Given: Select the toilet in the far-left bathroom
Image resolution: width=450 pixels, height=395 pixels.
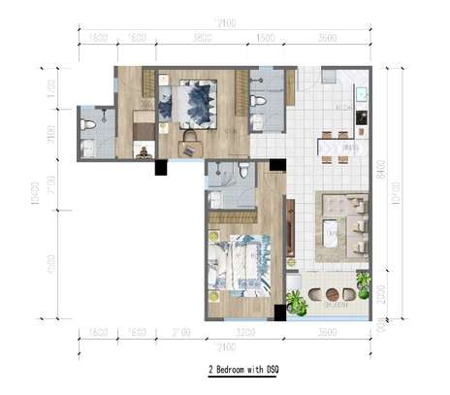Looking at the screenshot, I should (x=88, y=124).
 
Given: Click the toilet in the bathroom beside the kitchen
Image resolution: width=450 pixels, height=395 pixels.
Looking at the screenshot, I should (x=258, y=121).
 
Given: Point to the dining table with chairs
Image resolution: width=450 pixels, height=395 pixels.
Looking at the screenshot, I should (x=339, y=147).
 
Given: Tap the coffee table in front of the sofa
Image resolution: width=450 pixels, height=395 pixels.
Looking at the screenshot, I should (x=330, y=233).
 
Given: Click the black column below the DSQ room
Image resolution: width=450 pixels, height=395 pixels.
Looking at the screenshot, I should (x=161, y=167).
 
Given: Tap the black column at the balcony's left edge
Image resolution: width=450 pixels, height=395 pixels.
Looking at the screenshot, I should (x=280, y=313).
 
